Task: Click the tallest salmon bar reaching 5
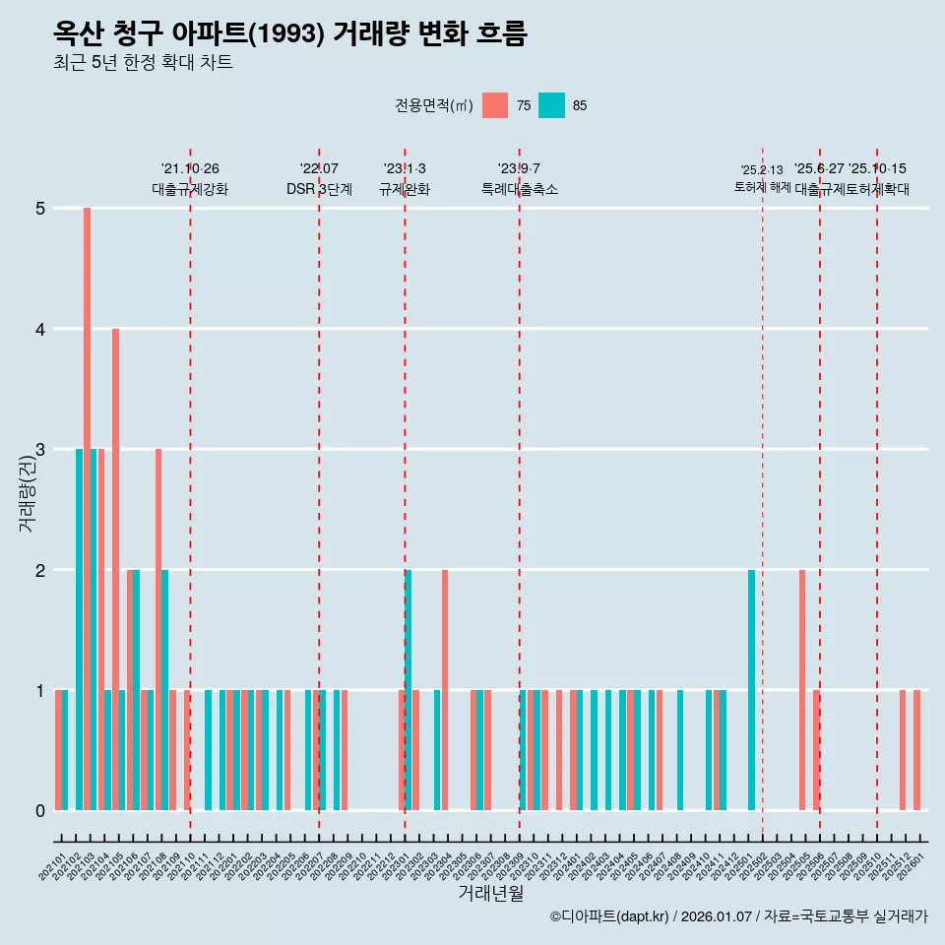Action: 87,509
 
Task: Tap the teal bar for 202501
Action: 751,689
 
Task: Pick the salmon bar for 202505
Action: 802,689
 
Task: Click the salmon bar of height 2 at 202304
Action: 445,689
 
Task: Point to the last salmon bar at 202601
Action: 916,750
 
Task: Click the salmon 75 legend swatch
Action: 495,105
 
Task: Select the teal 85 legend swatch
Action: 552,105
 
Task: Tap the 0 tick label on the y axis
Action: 40,811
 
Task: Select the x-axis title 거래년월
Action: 490,893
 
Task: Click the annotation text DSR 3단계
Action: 319,189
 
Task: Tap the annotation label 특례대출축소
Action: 519,189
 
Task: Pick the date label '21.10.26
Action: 190,169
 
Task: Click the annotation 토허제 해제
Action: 763,186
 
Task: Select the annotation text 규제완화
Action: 405,189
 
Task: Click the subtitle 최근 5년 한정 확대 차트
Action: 143,63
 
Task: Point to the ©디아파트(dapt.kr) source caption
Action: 610,916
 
